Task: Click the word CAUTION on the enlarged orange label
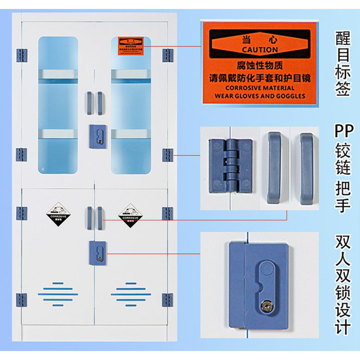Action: click(x=260, y=49)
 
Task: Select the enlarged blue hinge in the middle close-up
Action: click(x=229, y=164)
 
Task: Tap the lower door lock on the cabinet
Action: click(x=98, y=252)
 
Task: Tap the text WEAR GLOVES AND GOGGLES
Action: click(x=260, y=96)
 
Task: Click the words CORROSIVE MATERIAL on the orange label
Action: click(x=260, y=88)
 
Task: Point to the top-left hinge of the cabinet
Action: click(x=21, y=55)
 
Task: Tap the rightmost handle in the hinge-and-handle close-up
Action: click(x=306, y=166)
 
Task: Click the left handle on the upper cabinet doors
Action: click(x=89, y=103)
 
